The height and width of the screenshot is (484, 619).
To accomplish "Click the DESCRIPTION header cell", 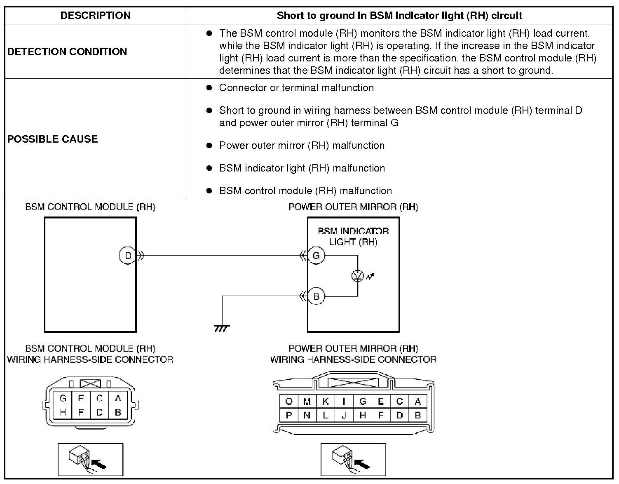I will [x=95, y=16].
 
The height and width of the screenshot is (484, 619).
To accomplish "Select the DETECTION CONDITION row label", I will [x=67, y=52].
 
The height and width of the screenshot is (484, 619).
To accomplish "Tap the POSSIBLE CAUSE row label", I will [x=53, y=139].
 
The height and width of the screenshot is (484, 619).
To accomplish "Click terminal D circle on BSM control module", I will [x=128, y=256].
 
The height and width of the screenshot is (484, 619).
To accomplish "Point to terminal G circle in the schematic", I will [x=316, y=256].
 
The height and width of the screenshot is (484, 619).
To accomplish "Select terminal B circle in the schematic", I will [x=316, y=296].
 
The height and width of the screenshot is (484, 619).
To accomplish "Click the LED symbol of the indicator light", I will [x=357, y=276].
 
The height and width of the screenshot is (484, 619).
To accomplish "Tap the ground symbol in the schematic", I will [x=222, y=328].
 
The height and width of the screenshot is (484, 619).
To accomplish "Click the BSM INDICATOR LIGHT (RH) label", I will [x=353, y=236].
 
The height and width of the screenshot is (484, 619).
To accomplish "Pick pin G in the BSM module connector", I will [x=63, y=398].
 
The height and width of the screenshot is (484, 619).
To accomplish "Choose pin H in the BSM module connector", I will [x=63, y=412].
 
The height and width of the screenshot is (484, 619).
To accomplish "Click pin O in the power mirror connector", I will [x=288, y=402].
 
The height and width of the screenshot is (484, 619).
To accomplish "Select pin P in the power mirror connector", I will [x=288, y=415].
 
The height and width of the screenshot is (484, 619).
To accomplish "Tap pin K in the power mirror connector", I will [x=326, y=402].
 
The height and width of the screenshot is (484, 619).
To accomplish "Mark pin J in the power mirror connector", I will [x=344, y=415].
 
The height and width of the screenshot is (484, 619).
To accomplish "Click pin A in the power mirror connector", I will [x=418, y=402].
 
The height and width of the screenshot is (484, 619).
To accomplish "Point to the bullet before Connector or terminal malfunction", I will [x=209, y=88].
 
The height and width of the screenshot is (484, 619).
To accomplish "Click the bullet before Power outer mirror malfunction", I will [x=209, y=146].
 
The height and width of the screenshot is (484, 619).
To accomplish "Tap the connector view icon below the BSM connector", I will [x=90, y=459].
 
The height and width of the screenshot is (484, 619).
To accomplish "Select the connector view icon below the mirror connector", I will [x=353, y=459].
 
